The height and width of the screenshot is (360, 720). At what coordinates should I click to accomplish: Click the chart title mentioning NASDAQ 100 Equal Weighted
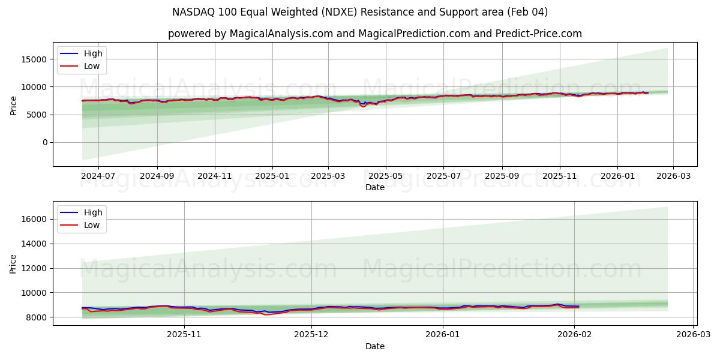[x=360, y=12]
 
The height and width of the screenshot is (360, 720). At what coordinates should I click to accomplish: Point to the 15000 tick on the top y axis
[x=35, y=59]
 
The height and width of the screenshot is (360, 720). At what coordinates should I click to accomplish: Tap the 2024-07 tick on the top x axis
[x=98, y=176]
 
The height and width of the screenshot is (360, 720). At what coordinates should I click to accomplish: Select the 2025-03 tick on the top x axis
[x=328, y=176]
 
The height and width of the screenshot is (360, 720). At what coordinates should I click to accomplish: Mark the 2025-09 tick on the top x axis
[x=502, y=176]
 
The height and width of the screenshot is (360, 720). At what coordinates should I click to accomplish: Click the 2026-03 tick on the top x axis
[x=673, y=176]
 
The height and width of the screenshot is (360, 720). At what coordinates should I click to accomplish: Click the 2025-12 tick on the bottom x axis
[x=312, y=335]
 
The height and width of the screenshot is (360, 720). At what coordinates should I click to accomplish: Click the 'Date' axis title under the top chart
[x=375, y=187]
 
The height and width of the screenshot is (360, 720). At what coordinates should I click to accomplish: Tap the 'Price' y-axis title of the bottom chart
[x=13, y=263]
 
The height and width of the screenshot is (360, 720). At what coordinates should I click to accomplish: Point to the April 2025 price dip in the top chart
[x=363, y=106]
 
